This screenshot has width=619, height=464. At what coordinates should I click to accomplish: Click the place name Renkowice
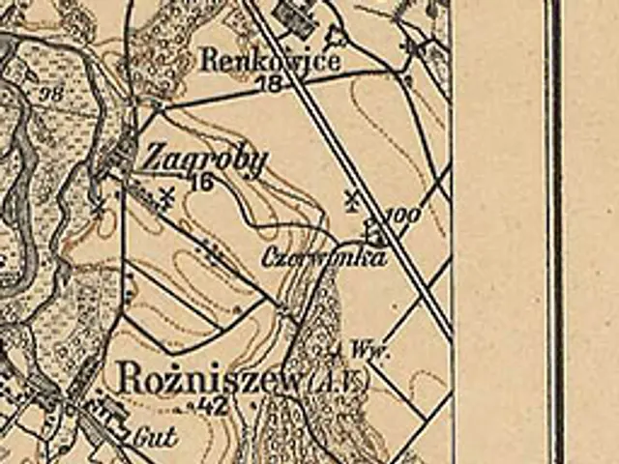(x=270, y=61)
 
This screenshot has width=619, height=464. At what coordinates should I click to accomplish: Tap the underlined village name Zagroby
(x=203, y=159)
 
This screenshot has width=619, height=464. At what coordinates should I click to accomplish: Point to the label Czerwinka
(x=324, y=257)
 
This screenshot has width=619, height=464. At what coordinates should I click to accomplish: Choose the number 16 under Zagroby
(x=201, y=183)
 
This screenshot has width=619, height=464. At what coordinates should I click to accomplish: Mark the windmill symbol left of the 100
(x=351, y=201)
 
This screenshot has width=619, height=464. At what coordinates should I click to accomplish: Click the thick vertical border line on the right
(x=554, y=232)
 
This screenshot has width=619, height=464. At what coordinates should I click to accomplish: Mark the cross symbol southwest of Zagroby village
(x=98, y=205)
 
